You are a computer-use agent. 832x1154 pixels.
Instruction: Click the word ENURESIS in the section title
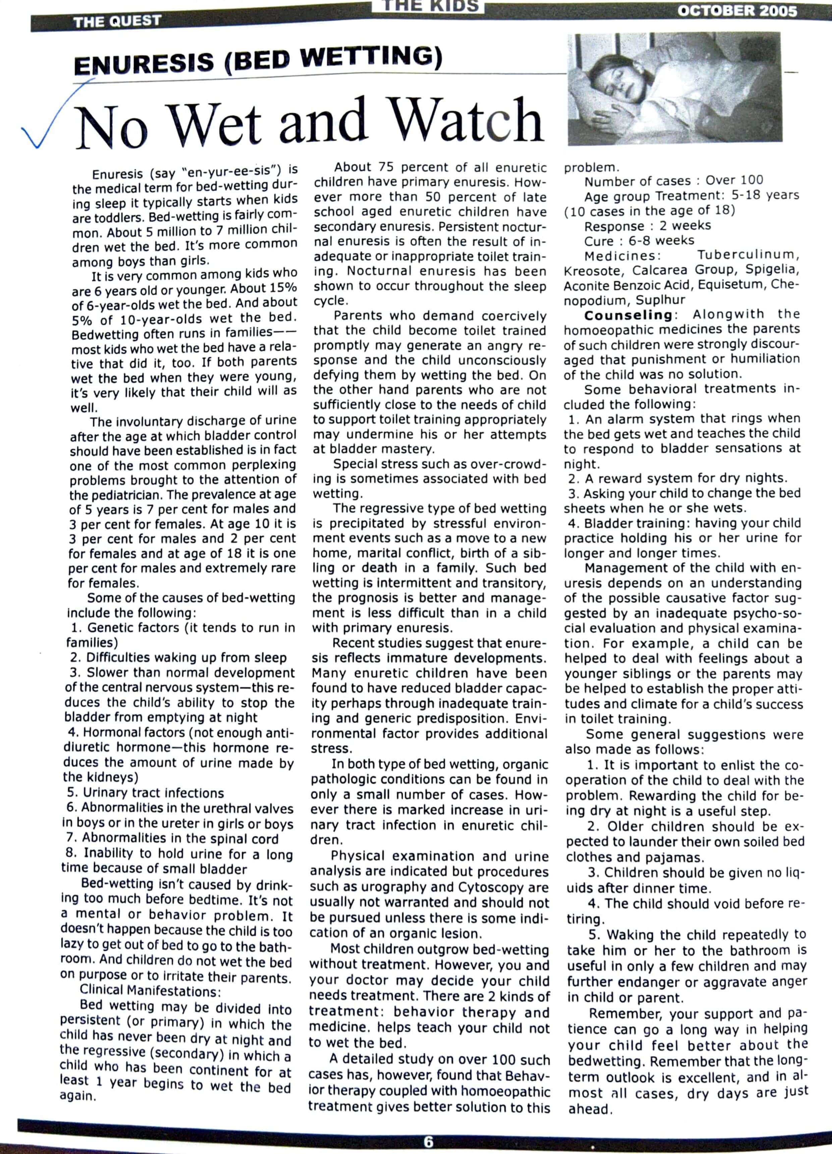click(x=144, y=64)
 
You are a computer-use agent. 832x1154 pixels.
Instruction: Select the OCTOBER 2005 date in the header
click(x=737, y=11)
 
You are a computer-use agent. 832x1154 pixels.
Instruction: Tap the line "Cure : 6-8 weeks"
click(x=639, y=240)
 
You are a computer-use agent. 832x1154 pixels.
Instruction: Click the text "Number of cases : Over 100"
click(x=674, y=181)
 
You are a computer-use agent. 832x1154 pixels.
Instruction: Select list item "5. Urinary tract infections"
click(x=145, y=793)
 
